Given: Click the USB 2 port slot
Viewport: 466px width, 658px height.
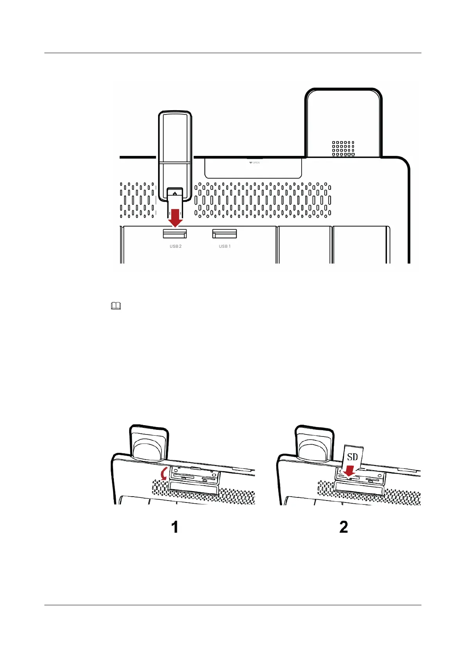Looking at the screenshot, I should [x=175, y=234].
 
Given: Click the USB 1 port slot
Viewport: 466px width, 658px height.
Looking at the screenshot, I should [x=224, y=234].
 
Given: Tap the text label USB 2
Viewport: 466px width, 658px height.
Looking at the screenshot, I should [x=175, y=247].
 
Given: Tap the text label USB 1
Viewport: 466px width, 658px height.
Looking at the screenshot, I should [x=225, y=247].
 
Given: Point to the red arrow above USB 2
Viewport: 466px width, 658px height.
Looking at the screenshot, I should [x=175, y=218].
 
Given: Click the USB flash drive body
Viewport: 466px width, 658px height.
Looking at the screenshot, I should [x=175, y=148].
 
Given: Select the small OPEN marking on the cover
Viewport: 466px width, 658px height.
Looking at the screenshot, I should [x=254, y=163].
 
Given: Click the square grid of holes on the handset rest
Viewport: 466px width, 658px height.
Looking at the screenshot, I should [x=343, y=148].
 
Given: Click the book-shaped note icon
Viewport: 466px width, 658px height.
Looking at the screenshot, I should [x=116, y=306].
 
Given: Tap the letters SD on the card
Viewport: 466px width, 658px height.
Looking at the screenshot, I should [x=352, y=457].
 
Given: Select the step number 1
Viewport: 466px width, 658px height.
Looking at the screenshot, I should [x=175, y=527].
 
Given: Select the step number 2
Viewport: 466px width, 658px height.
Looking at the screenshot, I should [x=344, y=527].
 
